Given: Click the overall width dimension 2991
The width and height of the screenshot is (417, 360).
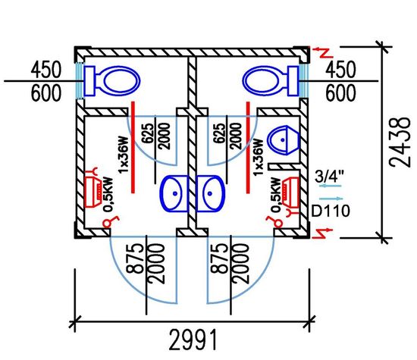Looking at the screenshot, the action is [x=193, y=340].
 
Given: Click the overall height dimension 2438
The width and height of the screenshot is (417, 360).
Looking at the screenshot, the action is [x=400, y=142].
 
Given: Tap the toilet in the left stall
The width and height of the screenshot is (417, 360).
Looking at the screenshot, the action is [x=112, y=81].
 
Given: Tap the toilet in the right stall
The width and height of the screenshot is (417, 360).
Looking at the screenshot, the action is [x=270, y=81].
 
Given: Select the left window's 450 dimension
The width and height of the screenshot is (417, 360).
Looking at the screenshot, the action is [x=46, y=70].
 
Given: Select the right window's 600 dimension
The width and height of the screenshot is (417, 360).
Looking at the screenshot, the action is [x=340, y=92].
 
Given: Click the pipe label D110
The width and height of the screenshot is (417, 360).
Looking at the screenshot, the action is [x=331, y=211].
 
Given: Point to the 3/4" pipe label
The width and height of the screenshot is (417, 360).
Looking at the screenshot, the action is [x=329, y=176].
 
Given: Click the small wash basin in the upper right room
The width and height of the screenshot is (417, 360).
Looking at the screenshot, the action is [x=284, y=140].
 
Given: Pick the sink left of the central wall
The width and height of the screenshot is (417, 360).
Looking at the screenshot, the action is [x=174, y=193].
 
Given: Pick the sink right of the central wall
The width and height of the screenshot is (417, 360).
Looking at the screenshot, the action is [x=210, y=193].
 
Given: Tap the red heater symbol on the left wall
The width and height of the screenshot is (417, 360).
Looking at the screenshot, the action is [x=92, y=192].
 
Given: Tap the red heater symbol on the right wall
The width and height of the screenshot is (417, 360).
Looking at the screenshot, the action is [x=290, y=192].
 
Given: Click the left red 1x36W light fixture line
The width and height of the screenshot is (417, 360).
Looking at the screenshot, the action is [x=133, y=147].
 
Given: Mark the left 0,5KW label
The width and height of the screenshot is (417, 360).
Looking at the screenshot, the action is [x=108, y=195].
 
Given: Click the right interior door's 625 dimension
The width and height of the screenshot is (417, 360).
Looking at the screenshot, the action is [x=218, y=133].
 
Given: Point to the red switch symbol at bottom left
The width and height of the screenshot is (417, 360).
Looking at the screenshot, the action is [x=110, y=222].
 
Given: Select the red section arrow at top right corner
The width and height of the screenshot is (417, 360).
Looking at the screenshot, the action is [x=322, y=52].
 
